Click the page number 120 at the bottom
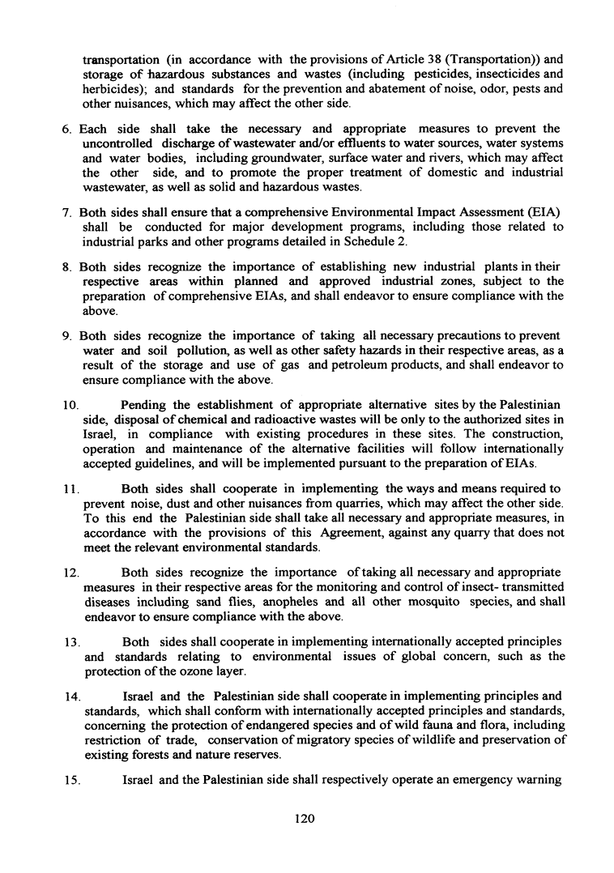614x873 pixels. pyautogui.click(x=305, y=819)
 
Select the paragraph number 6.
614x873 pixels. pyautogui.click(x=67, y=130)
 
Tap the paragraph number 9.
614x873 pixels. pyautogui.click(x=67, y=334)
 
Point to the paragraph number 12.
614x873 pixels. pyautogui.click(x=70, y=572)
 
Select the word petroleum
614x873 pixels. pyautogui.click(x=402, y=365)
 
